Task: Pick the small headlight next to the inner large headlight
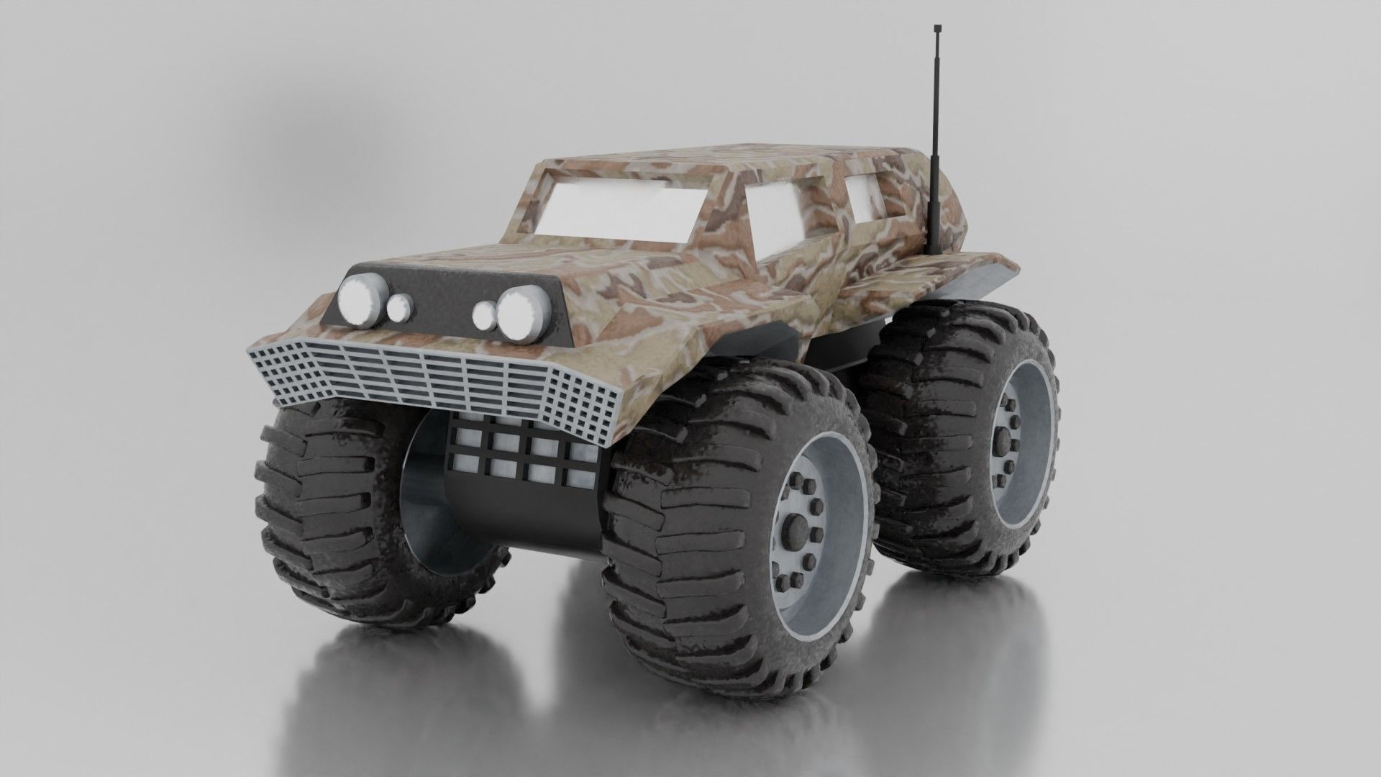click(x=485, y=314)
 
